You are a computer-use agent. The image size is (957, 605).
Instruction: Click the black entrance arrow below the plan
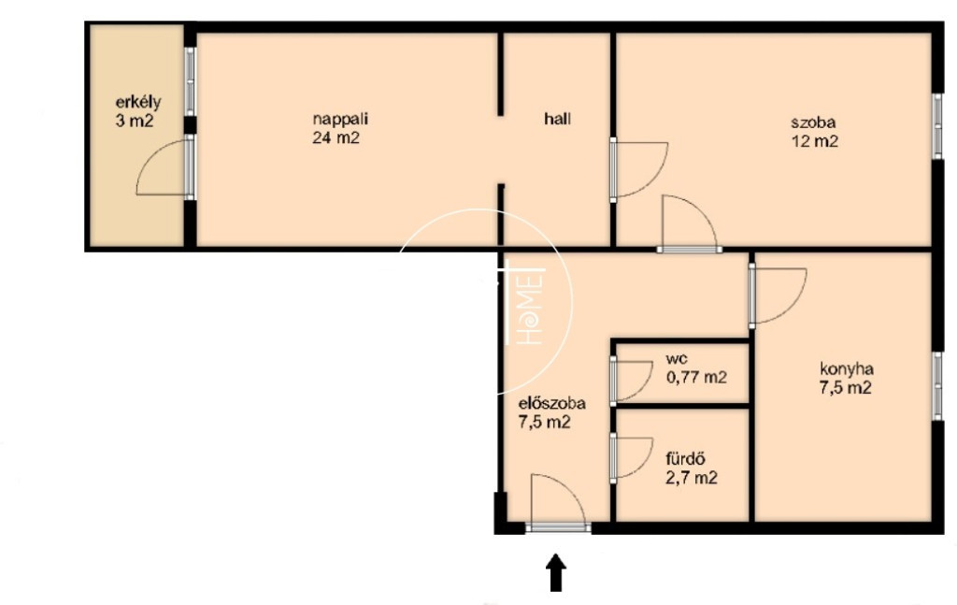tap(555, 572)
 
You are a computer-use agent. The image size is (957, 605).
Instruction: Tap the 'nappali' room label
tap(340, 119)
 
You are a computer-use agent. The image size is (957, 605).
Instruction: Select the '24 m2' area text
tap(336, 137)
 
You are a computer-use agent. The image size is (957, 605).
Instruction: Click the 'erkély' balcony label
tap(138, 103)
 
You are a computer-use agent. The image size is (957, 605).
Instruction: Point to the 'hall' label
tap(557, 119)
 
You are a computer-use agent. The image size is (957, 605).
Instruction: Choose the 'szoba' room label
tap(813, 122)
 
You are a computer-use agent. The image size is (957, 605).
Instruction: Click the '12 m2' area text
tap(815, 141)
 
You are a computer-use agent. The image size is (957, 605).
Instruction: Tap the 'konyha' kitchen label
tap(846, 368)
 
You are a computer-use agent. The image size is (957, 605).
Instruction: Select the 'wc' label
tap(677, 359)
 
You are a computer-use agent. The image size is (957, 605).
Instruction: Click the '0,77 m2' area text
tap(696, 377)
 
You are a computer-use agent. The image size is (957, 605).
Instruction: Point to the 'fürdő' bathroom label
tap(686, 458)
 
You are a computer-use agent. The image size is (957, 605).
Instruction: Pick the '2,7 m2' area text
tap(692, 478)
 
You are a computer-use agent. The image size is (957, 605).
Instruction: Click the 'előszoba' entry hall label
tap(551, 403)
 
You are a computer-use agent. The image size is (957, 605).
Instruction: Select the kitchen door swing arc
tap(793, 309)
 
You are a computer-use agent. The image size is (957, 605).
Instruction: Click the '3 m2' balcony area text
tap(135, 121)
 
